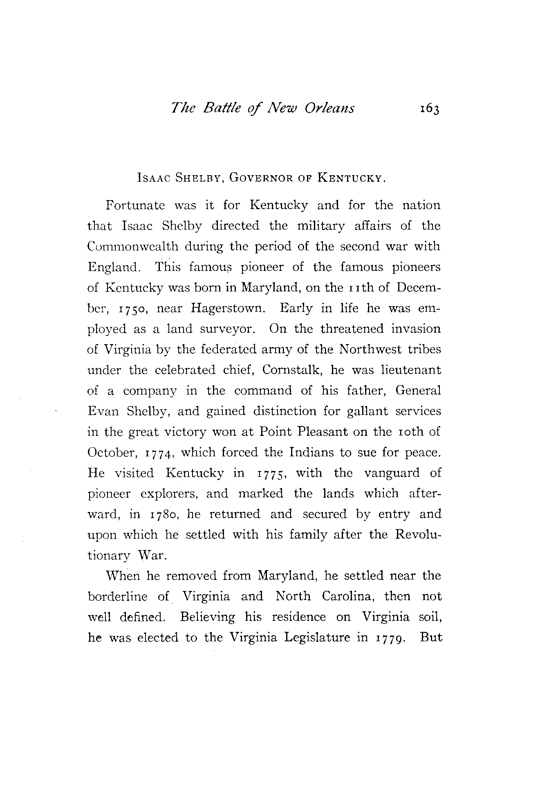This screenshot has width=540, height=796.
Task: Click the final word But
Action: tap(431, 637)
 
